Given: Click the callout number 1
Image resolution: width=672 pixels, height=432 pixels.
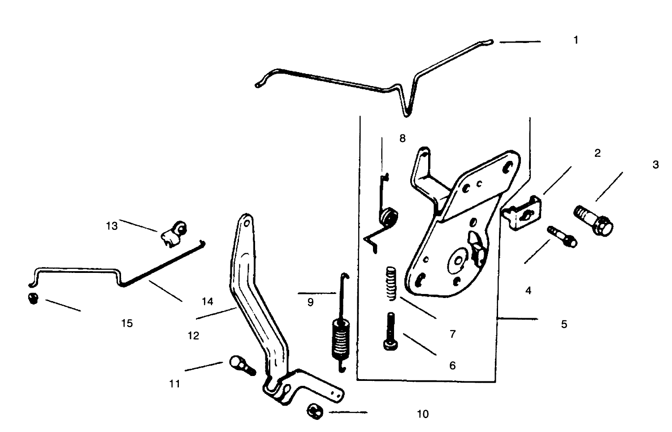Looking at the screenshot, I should (576, 40).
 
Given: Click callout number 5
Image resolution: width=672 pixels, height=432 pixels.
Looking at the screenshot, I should (564, 324).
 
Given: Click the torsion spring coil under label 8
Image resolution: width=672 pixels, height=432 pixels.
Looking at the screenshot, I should (389, 216).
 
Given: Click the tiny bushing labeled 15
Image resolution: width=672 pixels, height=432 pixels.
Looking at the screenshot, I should (32, 298).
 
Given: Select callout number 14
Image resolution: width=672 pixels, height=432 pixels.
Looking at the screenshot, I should (207, 302).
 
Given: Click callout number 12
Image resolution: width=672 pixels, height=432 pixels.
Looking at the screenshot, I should (193, 335).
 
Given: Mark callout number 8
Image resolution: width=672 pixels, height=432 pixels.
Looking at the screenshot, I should (402, 138).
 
